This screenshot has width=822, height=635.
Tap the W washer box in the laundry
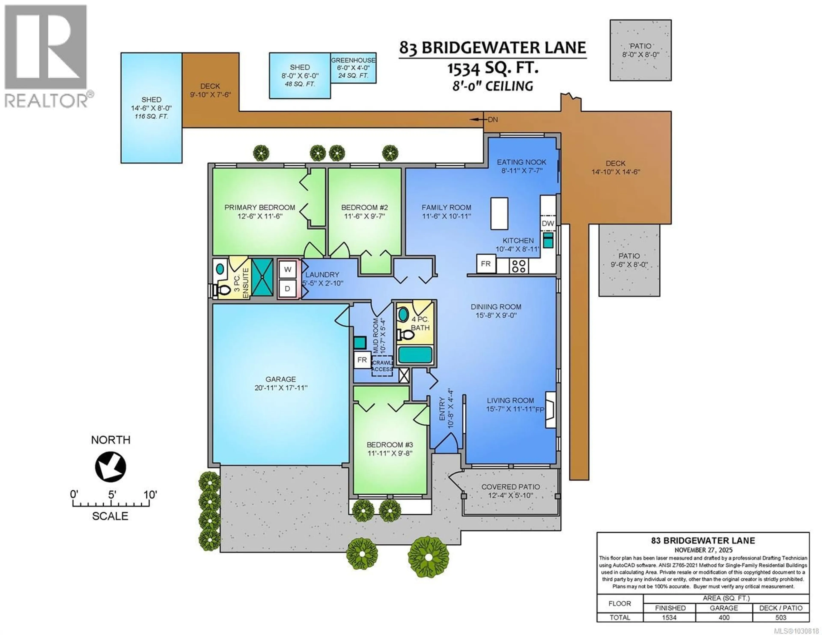287,269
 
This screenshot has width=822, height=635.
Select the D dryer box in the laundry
287,289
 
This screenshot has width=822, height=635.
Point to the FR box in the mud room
362,360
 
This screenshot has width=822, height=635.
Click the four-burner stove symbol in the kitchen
519,266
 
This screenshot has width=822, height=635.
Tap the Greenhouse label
353,60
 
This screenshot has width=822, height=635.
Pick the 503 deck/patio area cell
781,617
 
